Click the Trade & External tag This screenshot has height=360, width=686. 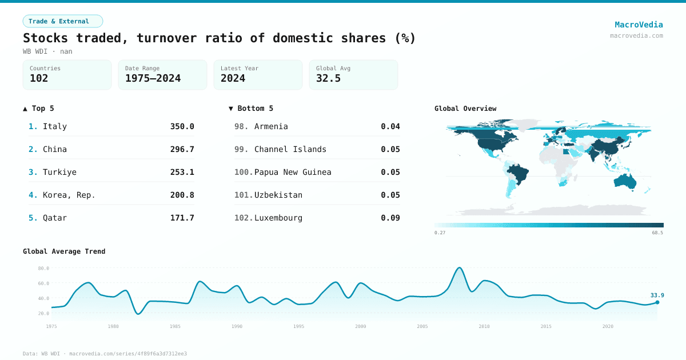[62, 21]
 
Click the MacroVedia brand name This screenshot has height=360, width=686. [639, 25]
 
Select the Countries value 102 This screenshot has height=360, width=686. [39, 78]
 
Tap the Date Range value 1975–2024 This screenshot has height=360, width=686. [153, 78]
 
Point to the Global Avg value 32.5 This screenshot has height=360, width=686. [328, 78]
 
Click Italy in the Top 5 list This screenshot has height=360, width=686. [55, 126]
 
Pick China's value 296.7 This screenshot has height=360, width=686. [182, 149]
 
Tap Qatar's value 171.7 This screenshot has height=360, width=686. [182, 218]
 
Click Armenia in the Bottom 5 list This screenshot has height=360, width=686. [271, 126]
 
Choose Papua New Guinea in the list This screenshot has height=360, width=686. [293, 172]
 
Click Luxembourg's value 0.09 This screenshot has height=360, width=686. [390, 218]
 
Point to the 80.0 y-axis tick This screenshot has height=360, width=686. [43, 268]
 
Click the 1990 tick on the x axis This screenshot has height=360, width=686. [237, 326]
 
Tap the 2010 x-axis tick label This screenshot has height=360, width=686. [484, 326]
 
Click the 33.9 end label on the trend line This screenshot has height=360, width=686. [657, 295]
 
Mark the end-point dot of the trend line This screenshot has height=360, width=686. [657, 302]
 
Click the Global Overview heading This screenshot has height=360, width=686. [465, 109]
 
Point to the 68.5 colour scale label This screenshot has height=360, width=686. [657, 233]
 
